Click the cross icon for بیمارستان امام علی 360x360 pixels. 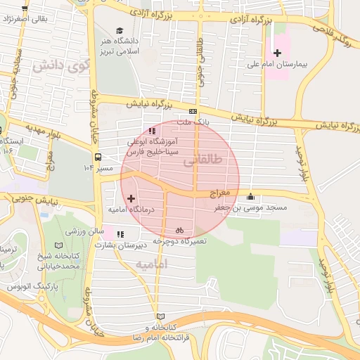(x=277, y=53)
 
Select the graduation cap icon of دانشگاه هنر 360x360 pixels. (x=120, y=31)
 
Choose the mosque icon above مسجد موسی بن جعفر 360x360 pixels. (x=250, y=197)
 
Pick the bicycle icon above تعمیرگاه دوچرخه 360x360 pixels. (x=179, y=229)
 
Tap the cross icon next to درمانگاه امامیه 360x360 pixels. (x=131, y=199)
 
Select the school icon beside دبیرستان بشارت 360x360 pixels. (x=120, y=234)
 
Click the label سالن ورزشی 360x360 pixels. (x=86, y=231)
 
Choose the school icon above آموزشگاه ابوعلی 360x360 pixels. (x=152, y=130)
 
